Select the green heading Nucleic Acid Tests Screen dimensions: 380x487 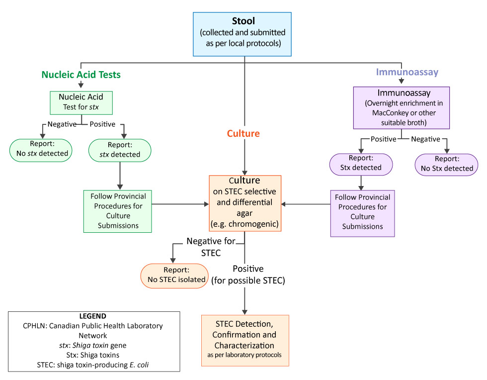pos(81,75)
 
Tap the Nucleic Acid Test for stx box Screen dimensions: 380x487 pos(81,102)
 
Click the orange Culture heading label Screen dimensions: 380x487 pos(243,134)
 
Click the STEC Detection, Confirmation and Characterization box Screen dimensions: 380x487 pos(245,340)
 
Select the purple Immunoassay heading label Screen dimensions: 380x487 pos(407,72)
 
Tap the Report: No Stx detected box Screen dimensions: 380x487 pos(446,164)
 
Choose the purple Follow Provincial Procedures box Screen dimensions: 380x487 pos(362,211)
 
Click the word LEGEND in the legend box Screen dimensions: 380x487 pos(93,316)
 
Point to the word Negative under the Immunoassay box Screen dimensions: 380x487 pos(425,139)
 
